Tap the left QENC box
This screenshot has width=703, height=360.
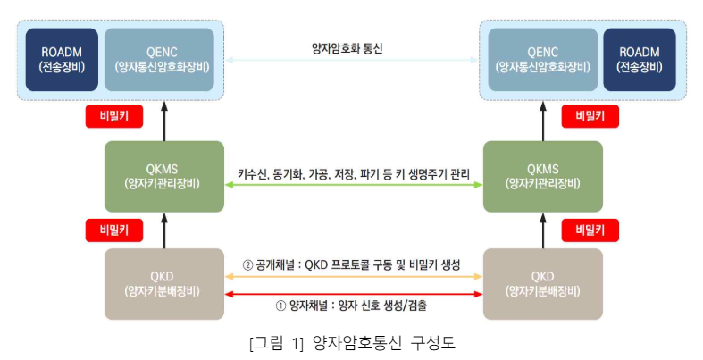(163, 59)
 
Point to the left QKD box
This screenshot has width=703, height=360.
(163, 283)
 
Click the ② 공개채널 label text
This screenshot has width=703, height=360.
(351, 265)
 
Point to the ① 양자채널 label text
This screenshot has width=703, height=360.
(351, 305)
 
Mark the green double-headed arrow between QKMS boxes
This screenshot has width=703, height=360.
(352, 185)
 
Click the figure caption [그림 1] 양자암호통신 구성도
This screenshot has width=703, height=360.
(350, 343)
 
